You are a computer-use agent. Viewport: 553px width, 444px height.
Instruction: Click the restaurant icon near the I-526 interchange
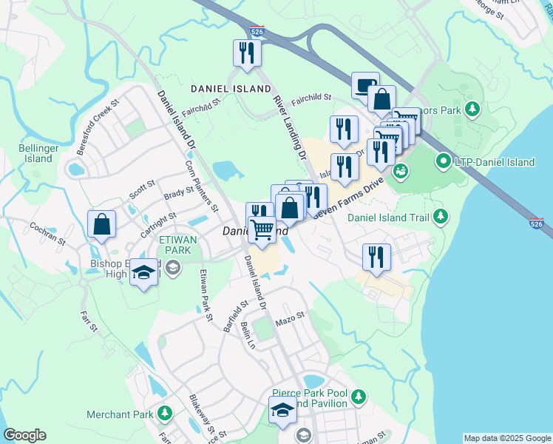point(246,53)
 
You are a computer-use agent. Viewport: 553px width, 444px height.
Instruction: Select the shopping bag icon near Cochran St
point(101,224)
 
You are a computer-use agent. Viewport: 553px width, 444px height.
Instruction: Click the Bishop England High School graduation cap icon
point(144,272)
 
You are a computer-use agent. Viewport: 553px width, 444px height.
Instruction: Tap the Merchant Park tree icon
point(166,413)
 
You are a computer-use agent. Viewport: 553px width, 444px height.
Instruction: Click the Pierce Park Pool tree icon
point(359,397)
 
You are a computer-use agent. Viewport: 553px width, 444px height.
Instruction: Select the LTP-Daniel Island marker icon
point(444,160)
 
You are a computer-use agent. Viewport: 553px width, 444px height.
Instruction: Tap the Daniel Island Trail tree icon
point(441,216)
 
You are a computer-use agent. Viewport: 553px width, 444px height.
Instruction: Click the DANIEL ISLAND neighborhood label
point(231,89)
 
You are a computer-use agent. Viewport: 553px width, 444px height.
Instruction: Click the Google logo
point(24,435)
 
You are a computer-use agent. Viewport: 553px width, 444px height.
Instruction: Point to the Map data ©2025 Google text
point(507,438)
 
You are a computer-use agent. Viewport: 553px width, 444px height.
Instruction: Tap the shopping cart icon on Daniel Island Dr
point(262,230)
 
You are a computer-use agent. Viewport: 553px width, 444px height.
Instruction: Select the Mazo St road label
point(290,318)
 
